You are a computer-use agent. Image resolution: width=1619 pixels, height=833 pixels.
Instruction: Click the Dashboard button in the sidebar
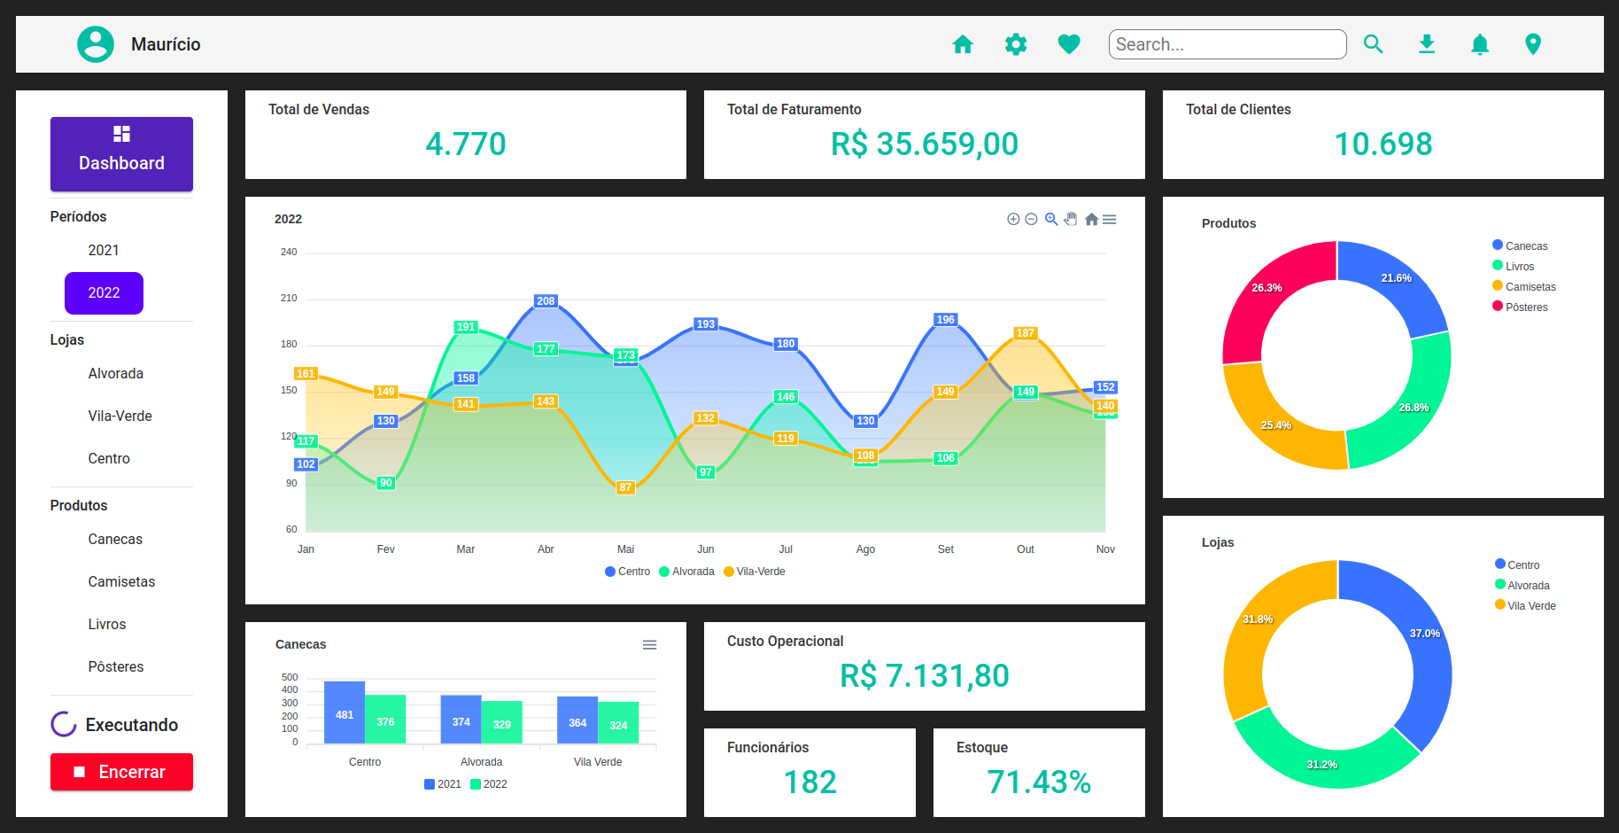(x=121, y=154)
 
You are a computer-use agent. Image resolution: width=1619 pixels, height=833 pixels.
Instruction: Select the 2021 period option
(x=104, y=251)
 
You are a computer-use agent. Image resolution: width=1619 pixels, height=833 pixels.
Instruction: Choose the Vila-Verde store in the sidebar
(x=120, y=416)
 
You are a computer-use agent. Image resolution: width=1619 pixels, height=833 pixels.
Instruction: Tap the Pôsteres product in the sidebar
(x=115, y=667)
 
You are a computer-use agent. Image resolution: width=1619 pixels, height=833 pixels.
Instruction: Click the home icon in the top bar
(x=963, y=44)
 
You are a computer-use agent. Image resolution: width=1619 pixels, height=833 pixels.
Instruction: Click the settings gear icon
(x=1016, y=44)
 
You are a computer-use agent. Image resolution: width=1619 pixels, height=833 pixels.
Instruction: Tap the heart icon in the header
(x=1069, y=44)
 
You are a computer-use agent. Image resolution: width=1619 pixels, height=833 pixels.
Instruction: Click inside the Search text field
(x=1227, y=44)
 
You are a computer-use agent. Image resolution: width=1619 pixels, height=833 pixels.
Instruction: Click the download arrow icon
(x=1427, y=44)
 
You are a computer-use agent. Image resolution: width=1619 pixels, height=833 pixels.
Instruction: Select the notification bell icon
(x=1480, y=44)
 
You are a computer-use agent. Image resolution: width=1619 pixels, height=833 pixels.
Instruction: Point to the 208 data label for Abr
(x=546, y=301)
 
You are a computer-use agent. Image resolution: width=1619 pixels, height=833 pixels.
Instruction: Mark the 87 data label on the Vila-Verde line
(x=625, y=487)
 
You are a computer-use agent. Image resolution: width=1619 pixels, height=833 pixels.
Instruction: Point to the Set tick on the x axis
(x=946, y=549)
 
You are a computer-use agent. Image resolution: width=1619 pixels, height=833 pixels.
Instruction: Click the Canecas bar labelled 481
(x=345, y=713)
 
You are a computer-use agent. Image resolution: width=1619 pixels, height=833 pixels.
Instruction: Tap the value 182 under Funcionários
(x=809, y=782)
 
